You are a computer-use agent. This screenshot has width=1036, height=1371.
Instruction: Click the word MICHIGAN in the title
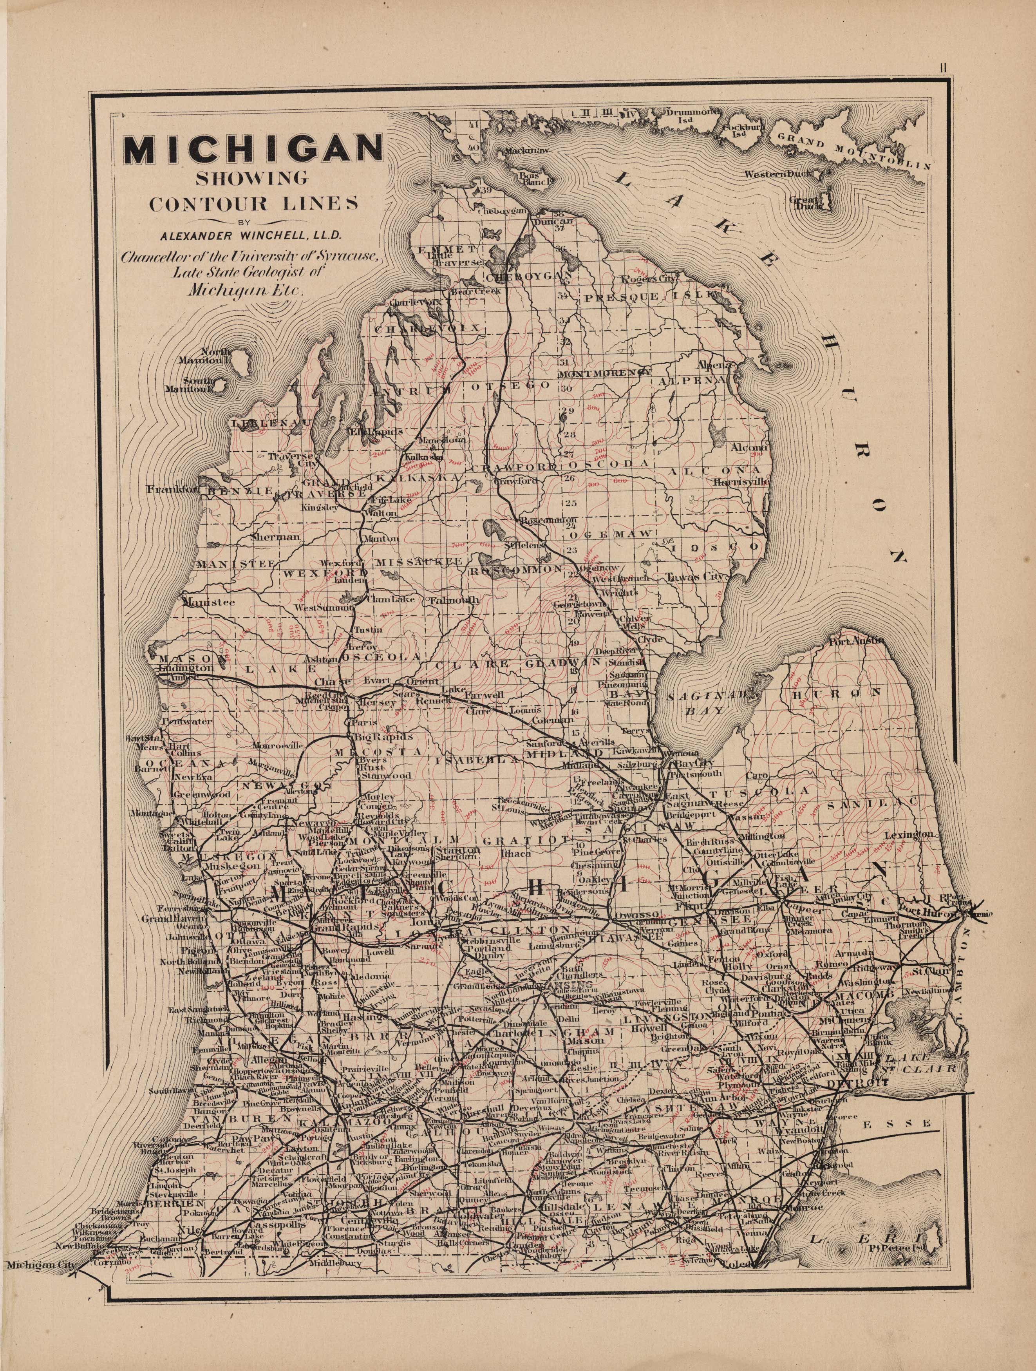[252, 149]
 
